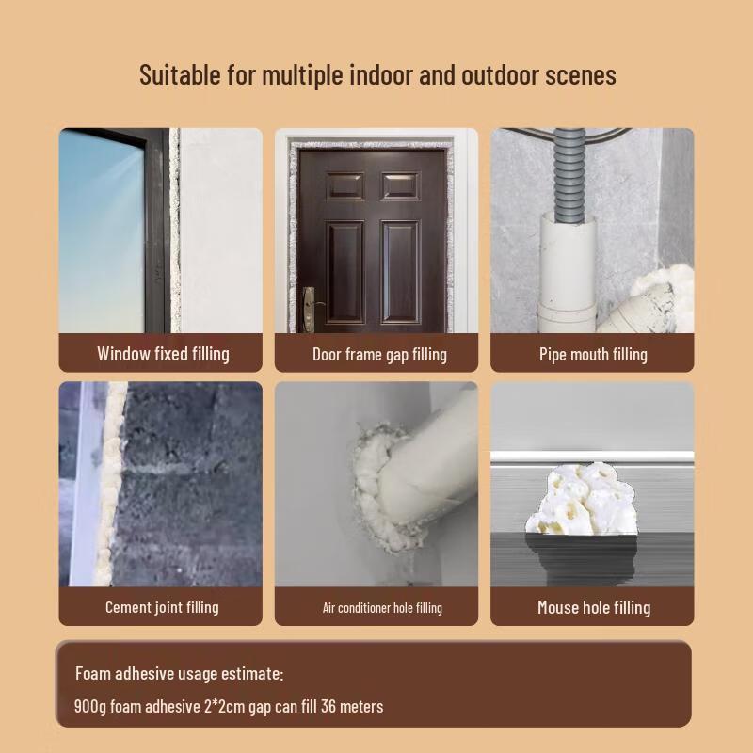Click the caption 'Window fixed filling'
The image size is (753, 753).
pos(163,354)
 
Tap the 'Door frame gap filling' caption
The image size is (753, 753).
pos(379,355)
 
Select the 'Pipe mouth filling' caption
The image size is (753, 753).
pos(593,355)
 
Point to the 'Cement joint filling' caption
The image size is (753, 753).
pos(162,607)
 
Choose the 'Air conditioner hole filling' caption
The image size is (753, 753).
pos(382,608)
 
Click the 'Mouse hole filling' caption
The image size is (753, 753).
pos(594,607)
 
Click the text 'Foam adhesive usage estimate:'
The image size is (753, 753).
pos(179,674)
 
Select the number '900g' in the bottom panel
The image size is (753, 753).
pos(90,706)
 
